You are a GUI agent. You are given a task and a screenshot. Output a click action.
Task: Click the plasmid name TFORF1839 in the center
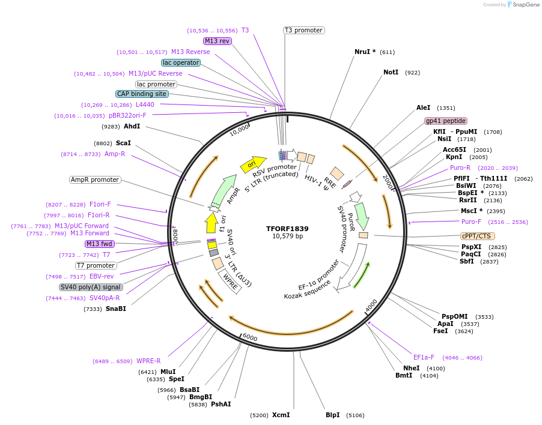[x=287, y=229]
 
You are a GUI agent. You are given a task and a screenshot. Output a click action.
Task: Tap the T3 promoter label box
[x=303, y=30]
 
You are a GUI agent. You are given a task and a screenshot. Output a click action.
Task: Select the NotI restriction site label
[x=391, y=72]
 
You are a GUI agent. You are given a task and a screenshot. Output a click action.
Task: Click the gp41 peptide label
[x=446, y=121]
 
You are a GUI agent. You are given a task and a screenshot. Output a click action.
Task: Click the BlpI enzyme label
[x=332, y=415]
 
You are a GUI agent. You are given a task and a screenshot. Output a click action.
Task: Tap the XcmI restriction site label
[x=281, y=415]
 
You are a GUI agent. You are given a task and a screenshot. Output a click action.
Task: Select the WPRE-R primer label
[x=148, y=361]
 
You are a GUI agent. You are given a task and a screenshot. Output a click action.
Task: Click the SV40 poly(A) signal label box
[x=91, y=287]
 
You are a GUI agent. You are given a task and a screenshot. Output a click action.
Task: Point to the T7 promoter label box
[x=96, y=265]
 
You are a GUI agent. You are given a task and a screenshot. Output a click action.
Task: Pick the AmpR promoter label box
[x=95, y=179]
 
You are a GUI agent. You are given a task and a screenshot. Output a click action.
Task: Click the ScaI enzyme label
[x=123, y=143]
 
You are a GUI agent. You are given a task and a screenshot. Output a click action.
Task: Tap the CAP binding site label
[x=142, y=94]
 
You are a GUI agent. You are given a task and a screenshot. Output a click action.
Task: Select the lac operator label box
[x=180, y=62]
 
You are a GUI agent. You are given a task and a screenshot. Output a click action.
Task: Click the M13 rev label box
[x=217, y=41]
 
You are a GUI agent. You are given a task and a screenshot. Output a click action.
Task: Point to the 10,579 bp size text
[x=287, y=237]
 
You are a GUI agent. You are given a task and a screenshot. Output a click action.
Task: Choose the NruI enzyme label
[x=364, y=52]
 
